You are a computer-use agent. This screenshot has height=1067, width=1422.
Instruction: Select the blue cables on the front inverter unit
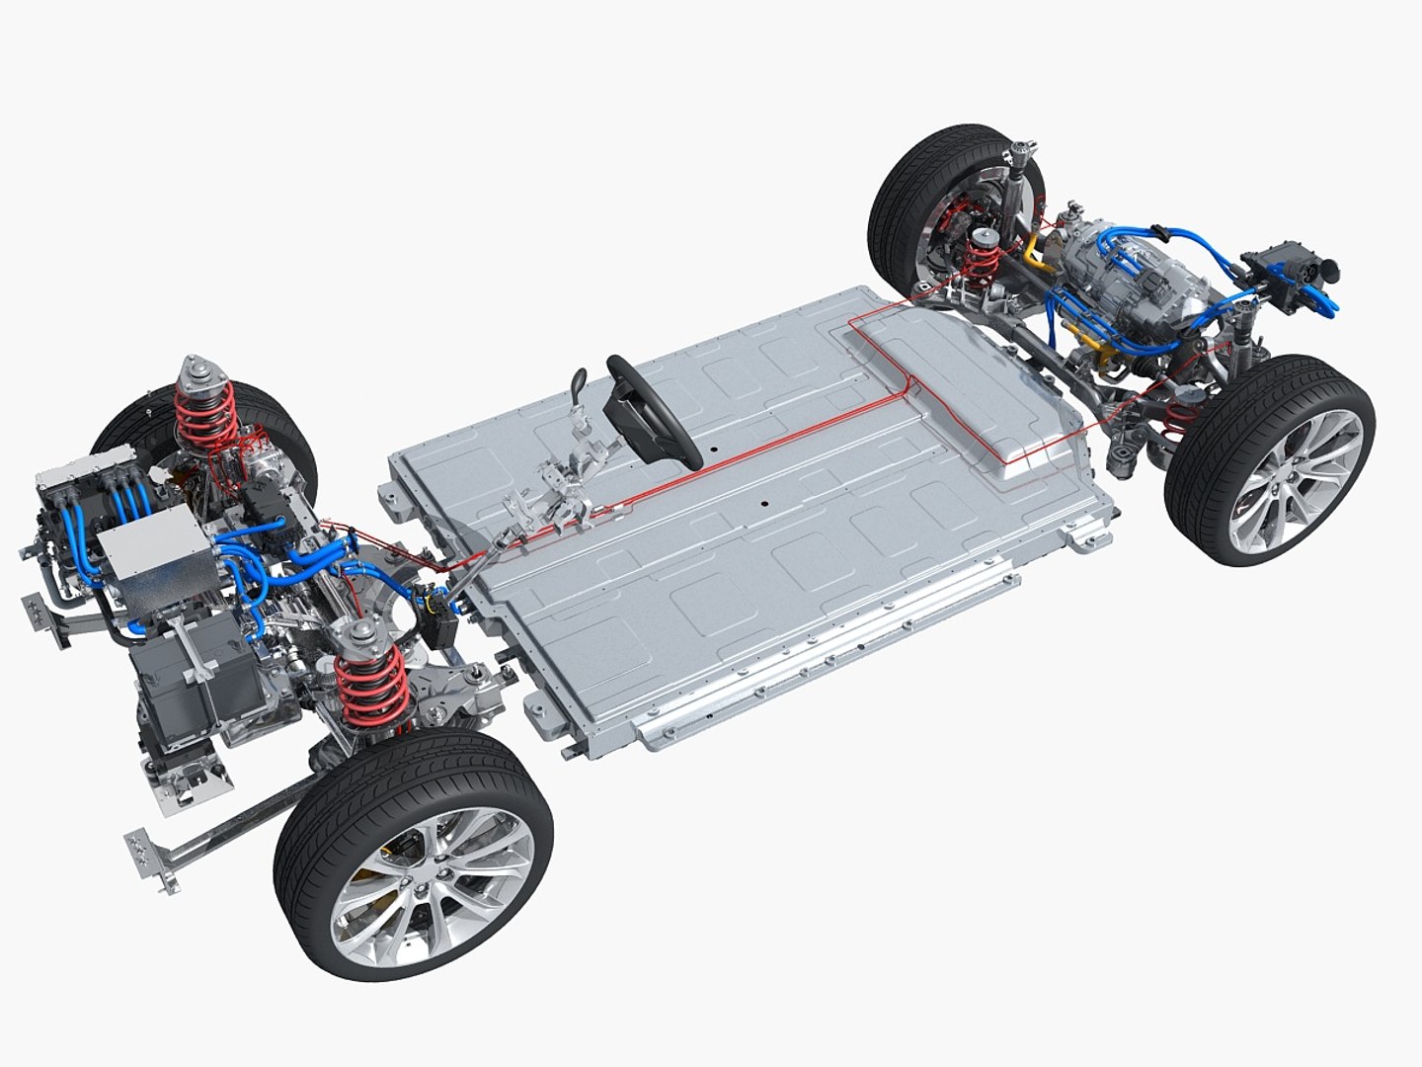pyautogui.click(x=109, y=514)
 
